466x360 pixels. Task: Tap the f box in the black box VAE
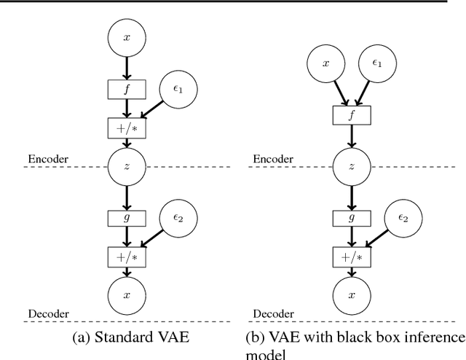352,116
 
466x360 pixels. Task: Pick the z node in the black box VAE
352,167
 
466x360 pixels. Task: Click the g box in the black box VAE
352,217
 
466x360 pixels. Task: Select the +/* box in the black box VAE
352,257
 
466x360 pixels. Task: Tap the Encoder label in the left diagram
47,158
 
